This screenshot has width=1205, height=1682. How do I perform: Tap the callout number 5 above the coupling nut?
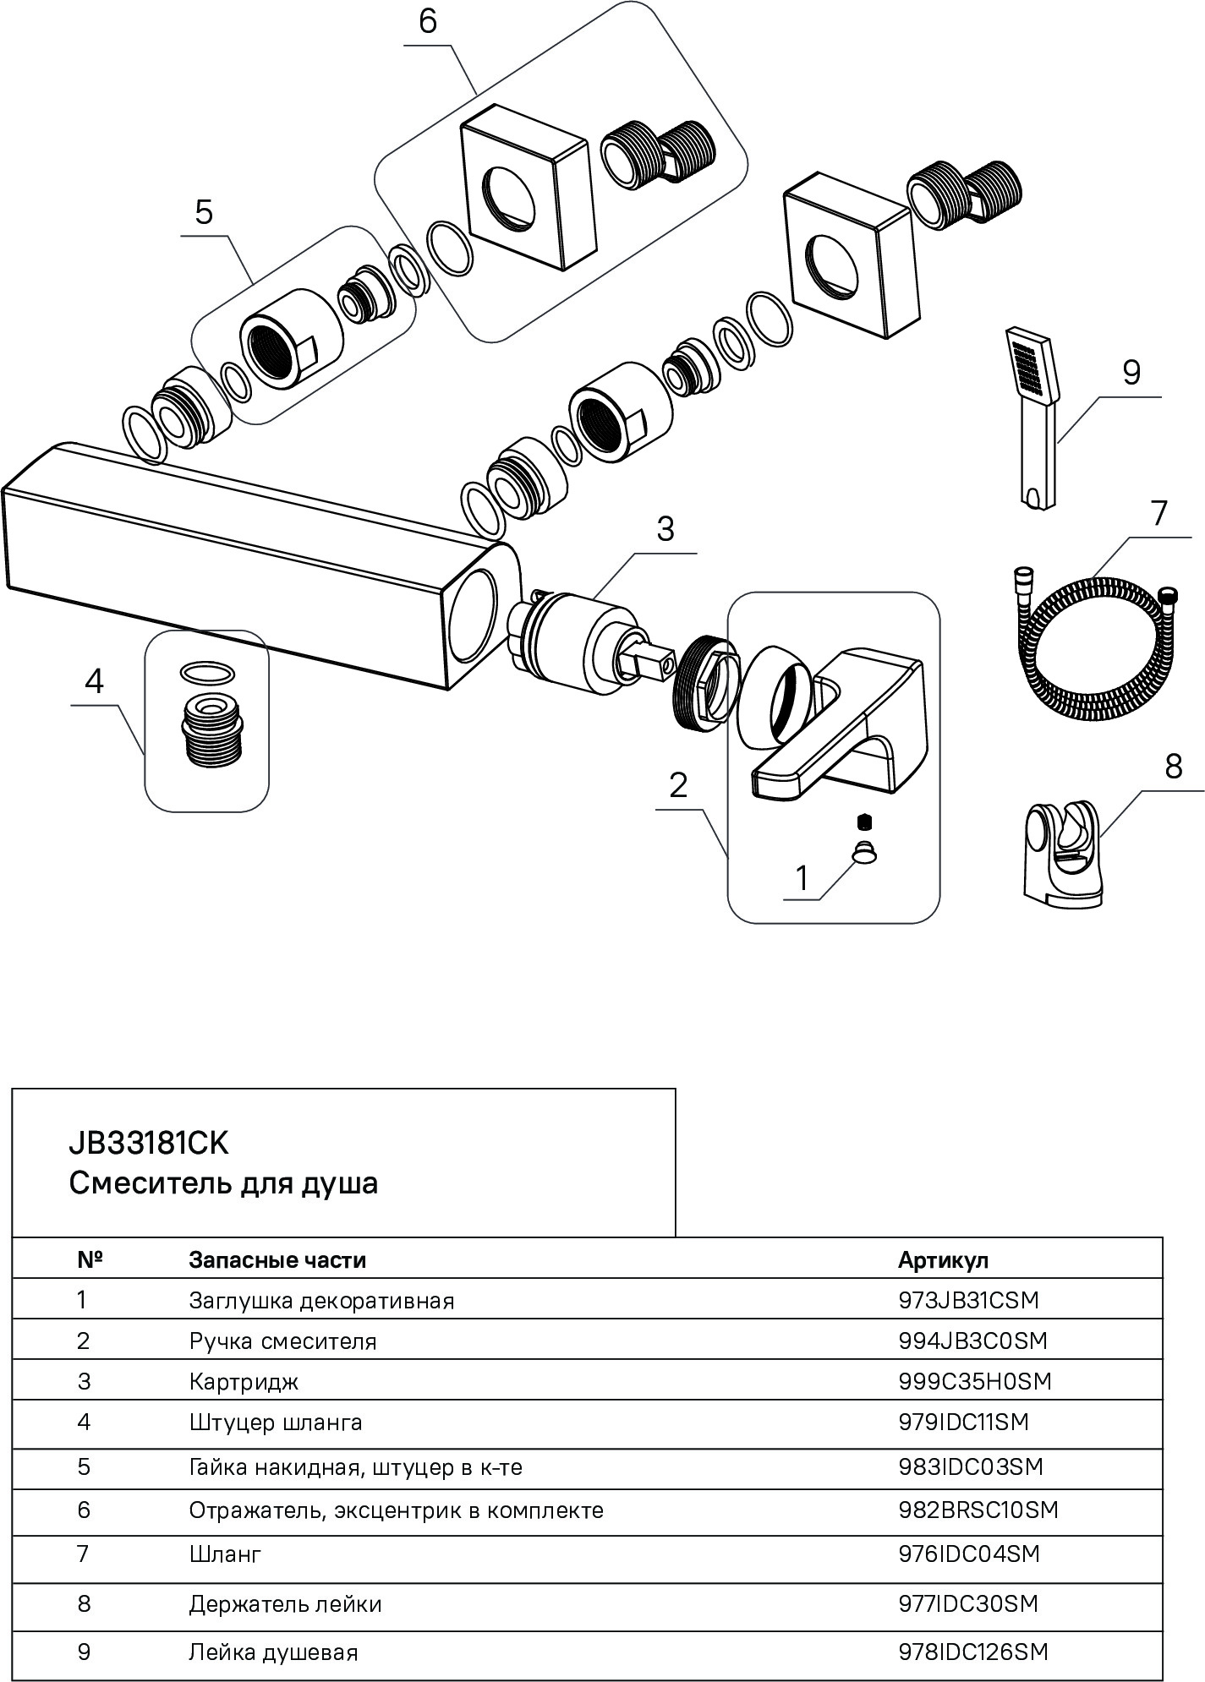[204, 212]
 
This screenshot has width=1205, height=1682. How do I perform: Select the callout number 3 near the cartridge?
[665, 530]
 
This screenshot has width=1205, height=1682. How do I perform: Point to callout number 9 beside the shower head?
[1131, 373]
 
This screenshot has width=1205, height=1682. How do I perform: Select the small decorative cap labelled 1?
[863, 855]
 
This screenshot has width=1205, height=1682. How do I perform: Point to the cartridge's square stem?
[652, 661]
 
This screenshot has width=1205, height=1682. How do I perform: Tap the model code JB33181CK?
[148, 1144]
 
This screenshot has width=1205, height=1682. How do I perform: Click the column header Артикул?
[943, 1260]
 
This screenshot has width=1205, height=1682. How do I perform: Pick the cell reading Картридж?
[244, 1382]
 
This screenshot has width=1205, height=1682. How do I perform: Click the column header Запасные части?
[277, 1260]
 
